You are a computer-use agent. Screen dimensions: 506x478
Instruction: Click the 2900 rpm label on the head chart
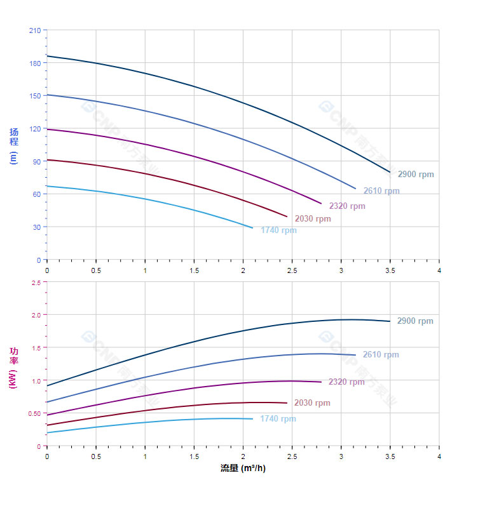click(x=416, y=174)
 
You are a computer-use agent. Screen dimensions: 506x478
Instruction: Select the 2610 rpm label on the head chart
click(x=381, y=190)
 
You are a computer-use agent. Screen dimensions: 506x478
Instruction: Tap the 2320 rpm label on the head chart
click(x=347, y=206)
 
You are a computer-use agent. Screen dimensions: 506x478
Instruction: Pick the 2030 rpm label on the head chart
click(x=313, y=218)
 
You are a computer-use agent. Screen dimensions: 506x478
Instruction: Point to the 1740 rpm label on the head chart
click(x=278, y=230)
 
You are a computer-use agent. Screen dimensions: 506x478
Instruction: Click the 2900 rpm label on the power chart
click(x=415, y=321)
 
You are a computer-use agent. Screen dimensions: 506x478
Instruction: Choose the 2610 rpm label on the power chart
click(x=381, y=354)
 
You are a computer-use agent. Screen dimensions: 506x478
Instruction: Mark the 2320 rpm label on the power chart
click(x=346, y=382)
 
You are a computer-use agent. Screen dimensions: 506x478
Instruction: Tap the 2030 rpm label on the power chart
click(x=312, y=403)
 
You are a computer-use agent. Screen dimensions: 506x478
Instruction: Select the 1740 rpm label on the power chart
click(x=278, y=418)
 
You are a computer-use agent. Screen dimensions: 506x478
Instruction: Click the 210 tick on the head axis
click(x=34, y=30)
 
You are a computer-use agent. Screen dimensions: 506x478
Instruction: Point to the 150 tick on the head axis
click(x=34, y=95)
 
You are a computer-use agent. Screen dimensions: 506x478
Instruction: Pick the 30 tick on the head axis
click(x=36, y=227)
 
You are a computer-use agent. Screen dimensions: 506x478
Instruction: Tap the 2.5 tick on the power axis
click(x=36, y=283)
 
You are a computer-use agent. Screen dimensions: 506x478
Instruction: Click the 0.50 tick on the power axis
click(x=34, y=413)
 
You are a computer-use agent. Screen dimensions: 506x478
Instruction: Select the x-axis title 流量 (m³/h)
click(x=243, y=468)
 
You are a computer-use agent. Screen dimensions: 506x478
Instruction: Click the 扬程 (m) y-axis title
click(x=14, y=145)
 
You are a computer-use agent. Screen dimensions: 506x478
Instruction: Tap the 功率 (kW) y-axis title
click(x=14, y=368)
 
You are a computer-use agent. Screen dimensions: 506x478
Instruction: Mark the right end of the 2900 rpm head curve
click(x=390, y=171)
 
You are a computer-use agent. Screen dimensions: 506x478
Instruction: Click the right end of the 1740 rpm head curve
click(x=252, y=227)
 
